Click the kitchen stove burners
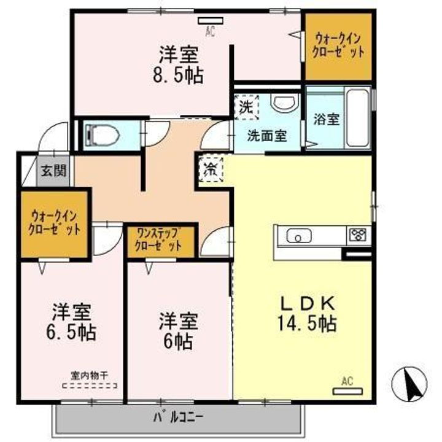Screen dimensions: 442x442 357,234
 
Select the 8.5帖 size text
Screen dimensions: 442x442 179,75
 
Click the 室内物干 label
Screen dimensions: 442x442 89,374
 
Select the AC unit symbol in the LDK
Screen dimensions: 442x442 347,389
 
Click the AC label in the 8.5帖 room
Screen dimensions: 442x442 209,29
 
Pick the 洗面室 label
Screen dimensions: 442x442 267,136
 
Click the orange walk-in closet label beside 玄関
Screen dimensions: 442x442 54,223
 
